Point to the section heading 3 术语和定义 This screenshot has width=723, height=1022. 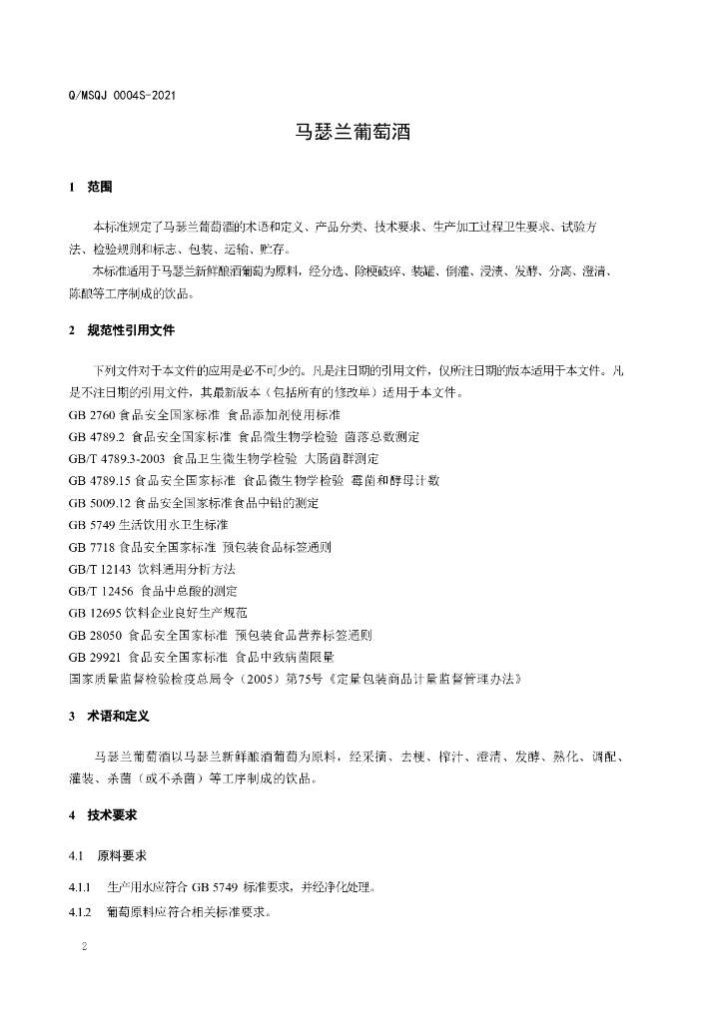[x=110, y=716]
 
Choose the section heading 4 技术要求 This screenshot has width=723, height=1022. [x=103, y=815]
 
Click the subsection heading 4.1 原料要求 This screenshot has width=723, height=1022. [x=108, y=856]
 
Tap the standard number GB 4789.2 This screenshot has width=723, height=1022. [x=95, y=436]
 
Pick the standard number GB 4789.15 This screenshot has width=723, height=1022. [x=98, y=480]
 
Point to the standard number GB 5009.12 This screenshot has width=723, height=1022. [x=98, y=502]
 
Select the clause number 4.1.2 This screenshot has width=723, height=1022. [x=80, y=912]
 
